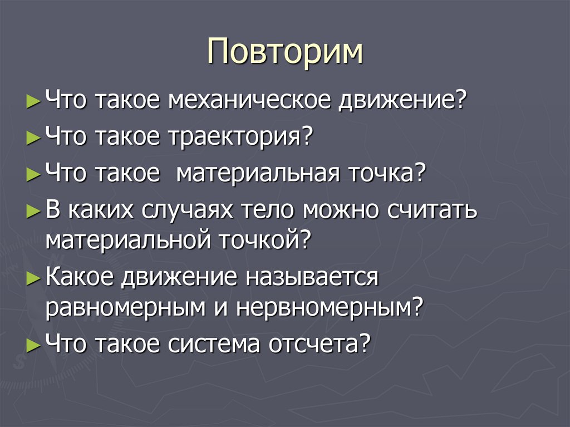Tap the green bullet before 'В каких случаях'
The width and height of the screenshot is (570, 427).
[33, 212]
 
